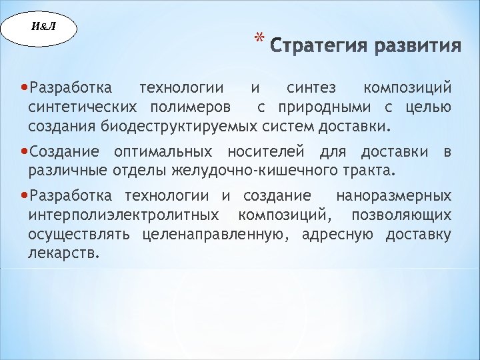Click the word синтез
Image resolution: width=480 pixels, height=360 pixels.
pyautogui.click(x=311, y=88)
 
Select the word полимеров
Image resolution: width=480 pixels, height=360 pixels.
pyautogui.click(x=191, y=107)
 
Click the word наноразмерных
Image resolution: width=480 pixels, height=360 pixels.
pyautogui.click(x=393, y=197)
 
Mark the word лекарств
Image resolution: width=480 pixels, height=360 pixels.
pyautogui.click(x=64, y=253)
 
